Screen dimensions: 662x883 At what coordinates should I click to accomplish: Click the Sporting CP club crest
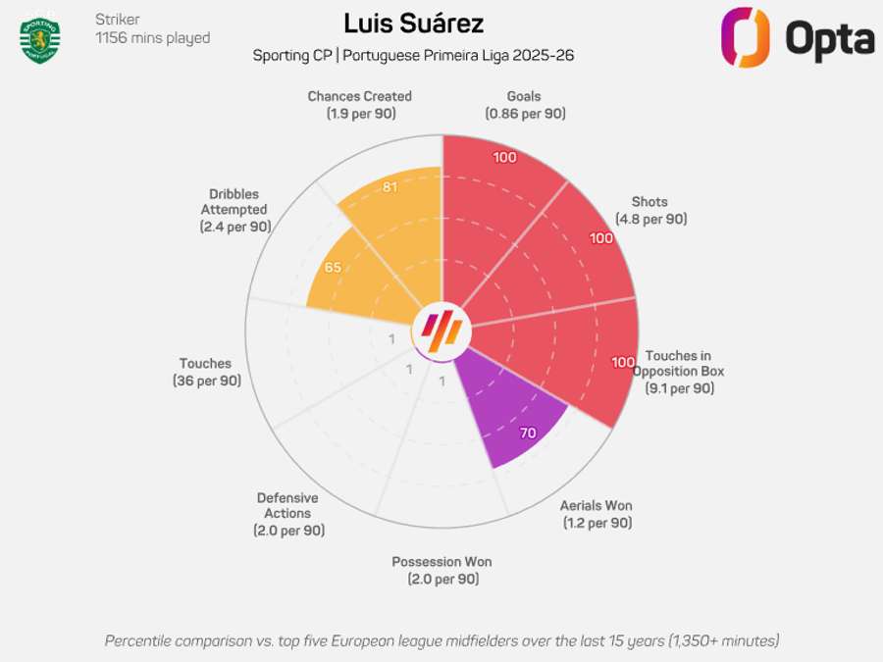tap(40, 38)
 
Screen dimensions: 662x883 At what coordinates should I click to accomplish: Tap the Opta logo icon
tap(746, 37)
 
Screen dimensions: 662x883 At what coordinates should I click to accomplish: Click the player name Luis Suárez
tap(413, 24)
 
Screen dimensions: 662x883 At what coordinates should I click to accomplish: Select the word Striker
tap(117, 20)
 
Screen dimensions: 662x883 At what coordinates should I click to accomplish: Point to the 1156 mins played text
tap(152, 38)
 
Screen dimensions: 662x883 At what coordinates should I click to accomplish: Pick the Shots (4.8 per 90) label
tap(650, 210)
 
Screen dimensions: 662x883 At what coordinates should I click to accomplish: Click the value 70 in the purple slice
tap(528, 433)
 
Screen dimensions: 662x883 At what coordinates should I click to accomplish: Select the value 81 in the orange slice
tap(390, 187)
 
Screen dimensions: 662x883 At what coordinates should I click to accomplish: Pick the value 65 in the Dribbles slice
tap(333, 267)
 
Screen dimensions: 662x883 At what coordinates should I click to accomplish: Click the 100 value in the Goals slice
tap(504, 158)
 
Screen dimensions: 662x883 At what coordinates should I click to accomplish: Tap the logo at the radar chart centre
tap(441, 331)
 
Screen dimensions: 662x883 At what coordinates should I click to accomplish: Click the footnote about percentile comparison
tap(441, 640)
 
